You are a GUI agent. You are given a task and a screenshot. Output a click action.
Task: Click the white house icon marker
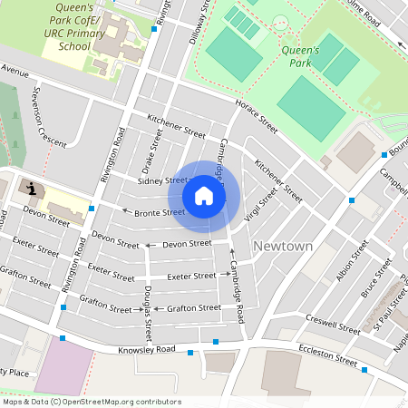coord(204,196)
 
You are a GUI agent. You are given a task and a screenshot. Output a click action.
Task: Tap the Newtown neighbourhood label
coord(283,247)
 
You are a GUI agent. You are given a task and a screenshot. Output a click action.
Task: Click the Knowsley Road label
coord(146,350)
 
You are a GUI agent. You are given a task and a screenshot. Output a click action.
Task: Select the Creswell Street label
coord(333,322)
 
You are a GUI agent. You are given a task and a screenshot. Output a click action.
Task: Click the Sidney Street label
coord(162,181)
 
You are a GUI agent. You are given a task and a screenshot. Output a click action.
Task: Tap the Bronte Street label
coord(160,213)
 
